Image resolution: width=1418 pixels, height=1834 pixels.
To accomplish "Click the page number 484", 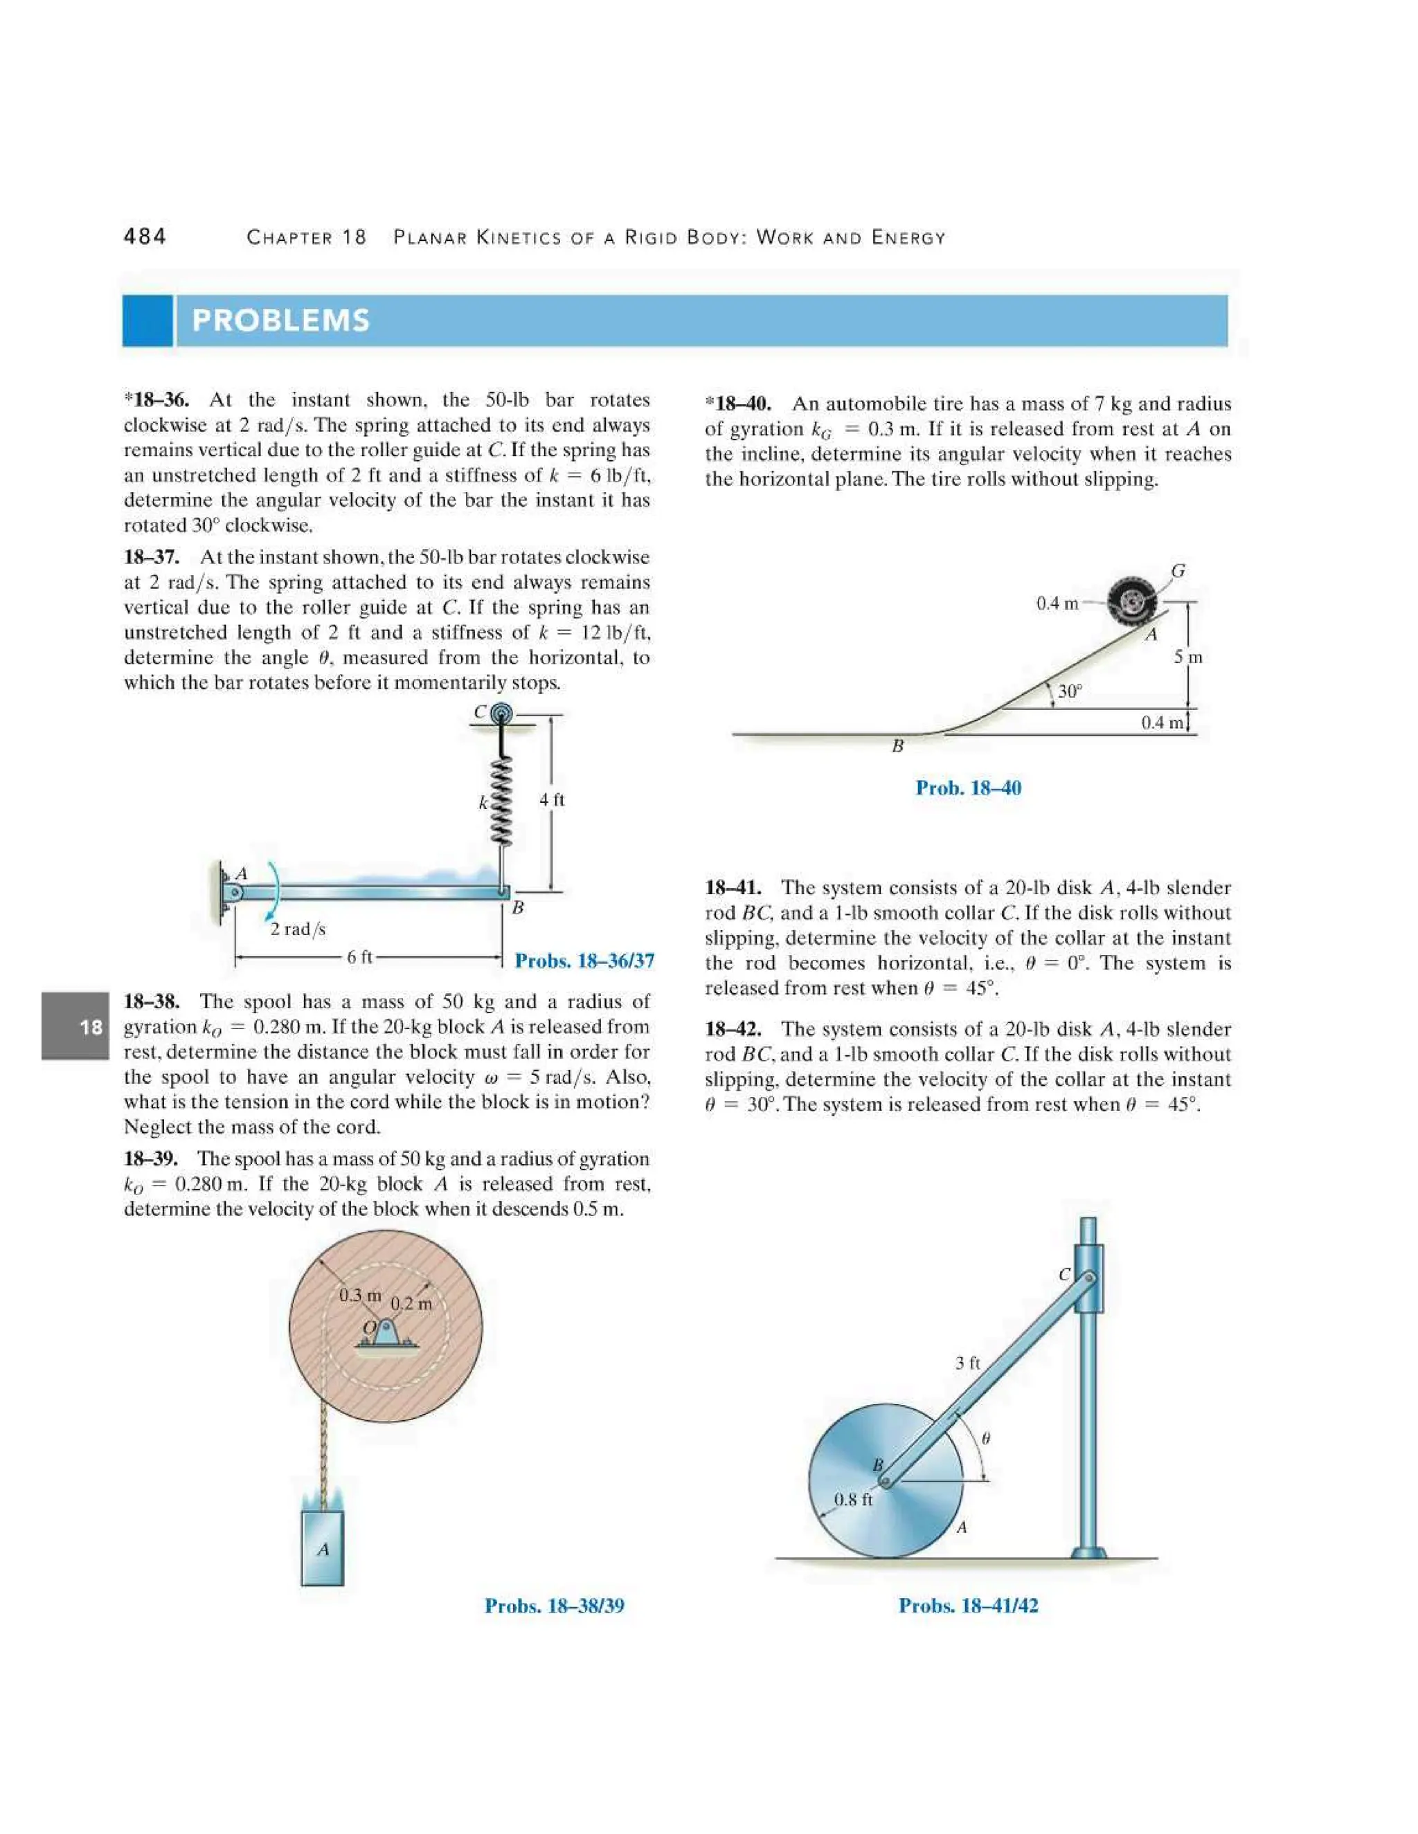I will [145, 237].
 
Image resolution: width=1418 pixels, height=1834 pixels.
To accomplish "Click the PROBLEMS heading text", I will [280, 320].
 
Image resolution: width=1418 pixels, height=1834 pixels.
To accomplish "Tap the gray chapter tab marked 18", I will [75, 1026].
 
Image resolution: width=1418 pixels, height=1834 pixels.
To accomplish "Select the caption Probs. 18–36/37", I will [584, 961].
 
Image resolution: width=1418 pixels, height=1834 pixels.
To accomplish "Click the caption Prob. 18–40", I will [968, 788].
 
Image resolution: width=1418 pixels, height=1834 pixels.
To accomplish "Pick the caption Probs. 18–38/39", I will [555, 1606].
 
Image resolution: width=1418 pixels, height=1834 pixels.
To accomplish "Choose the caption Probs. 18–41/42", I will [968, 1606].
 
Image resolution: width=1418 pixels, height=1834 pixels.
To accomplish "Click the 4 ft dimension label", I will [552, 799].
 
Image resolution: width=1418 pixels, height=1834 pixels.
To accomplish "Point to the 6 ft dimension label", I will [359, 956].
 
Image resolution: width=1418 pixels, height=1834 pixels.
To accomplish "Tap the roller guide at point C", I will [501, 714].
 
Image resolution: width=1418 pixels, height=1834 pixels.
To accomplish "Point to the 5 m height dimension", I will [1188, 657].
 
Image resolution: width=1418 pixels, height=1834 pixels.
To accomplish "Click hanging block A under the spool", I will [323, 1547].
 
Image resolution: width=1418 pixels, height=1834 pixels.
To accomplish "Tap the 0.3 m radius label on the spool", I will [359, 1296].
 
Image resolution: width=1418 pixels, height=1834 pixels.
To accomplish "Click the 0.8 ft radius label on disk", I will [852, 1499].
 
